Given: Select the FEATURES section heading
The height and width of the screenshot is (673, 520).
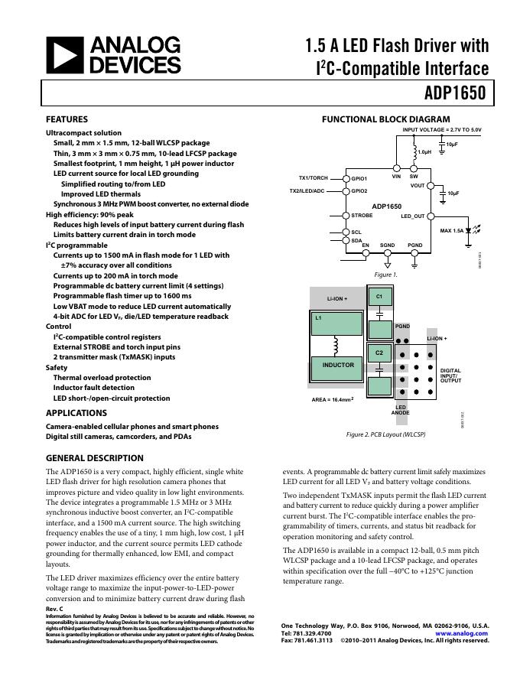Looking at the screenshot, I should pyautogui.click(x=67, y=119).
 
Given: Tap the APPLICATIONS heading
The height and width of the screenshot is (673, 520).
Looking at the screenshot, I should pyautogui.click(x=76, y=413).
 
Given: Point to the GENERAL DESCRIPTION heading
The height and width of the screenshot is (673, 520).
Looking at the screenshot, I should pyautogui.click(x=95, y=458).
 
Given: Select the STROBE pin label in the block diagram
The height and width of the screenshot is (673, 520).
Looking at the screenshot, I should pyautogui.click(x=362, y=216).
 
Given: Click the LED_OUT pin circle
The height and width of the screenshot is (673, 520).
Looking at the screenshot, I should pyautogui.click(x=431, y=216).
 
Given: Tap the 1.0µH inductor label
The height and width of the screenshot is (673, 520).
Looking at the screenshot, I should pyautogui.click(x=425, y=152).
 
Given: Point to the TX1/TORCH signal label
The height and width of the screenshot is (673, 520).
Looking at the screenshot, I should pyautogui.click(x=308, y=178).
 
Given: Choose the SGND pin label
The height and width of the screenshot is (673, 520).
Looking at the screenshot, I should pyautogui.click(x=388, y=245).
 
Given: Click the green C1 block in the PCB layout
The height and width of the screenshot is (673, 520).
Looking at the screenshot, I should pyautogui.click(x=379, y=297).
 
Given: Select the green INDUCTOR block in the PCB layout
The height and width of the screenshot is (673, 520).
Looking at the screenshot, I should pyautogui.click(x=338, y=366).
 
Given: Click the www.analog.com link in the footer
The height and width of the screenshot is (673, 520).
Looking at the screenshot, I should pyautogui.click(x=462, y=633).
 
